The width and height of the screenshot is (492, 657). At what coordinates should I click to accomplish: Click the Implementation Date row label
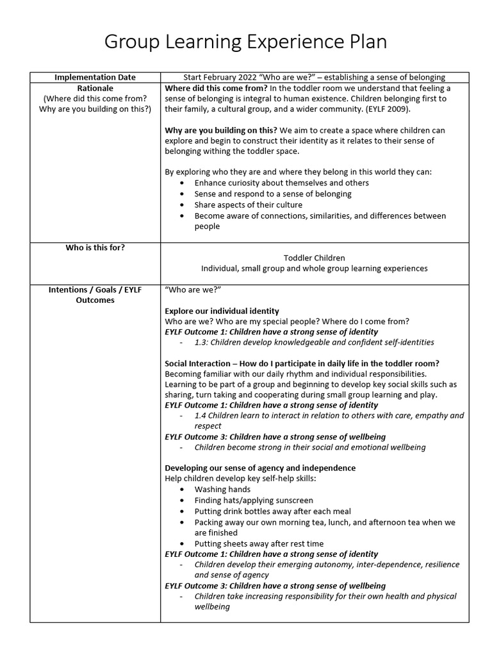(x=95, y=77)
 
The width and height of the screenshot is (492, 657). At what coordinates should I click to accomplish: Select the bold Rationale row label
(x=95, y=88)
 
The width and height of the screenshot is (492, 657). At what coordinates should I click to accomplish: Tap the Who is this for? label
(x=95, y=247)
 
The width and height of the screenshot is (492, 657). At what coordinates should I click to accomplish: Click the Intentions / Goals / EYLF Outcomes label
(x=95, y=294)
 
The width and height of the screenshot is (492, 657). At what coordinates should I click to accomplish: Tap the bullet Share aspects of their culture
(x=248, y=205)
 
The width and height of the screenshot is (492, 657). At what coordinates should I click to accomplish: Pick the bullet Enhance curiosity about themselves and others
(x=281, y=183)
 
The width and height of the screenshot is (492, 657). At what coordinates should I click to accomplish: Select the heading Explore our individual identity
(x=222, y=311)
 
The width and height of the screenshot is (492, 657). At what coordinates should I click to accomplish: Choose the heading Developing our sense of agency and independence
(x=260, y=468)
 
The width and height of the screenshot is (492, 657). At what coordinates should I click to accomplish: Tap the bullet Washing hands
(x=222, y=489)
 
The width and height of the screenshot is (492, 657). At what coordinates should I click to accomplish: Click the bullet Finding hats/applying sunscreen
(x=254, y=500)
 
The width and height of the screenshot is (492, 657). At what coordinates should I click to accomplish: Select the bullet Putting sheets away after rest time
(x=259, y=543)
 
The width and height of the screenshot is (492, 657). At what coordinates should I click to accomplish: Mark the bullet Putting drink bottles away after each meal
(x=273, y=511)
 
